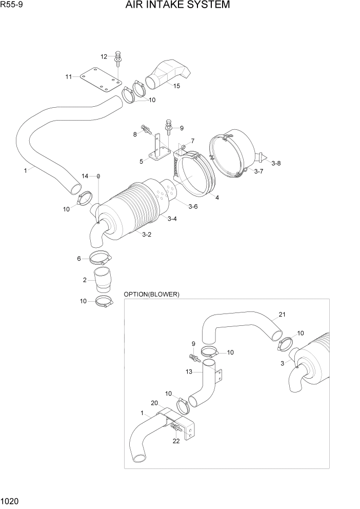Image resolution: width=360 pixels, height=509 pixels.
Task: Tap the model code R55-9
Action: click(x=12, y=5)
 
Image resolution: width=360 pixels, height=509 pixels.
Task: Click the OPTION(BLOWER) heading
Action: click(x=151, y=294)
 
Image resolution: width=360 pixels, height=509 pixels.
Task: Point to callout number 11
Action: click(x=68, y=77)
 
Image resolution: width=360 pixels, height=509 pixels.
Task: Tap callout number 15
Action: click(x=176, y=86)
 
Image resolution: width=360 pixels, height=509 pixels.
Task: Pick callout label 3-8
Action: click(x=276, y=163)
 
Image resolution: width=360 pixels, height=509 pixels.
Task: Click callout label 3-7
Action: click(x=258, y=171)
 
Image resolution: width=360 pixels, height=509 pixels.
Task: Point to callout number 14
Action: click(x=85, y=176)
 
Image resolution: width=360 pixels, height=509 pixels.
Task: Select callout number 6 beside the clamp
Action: click(x=79, y=259)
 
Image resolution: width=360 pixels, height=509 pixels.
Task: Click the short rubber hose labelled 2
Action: click(x=103, y=282)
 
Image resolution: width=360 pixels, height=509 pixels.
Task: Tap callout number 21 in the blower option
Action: click(x=282, y=315)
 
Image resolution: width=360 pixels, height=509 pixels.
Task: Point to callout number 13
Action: click(x=189, y=371)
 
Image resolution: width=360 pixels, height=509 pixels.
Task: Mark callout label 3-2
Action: click(x=146, y=234)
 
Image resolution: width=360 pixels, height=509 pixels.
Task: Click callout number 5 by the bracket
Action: click(x=141, y=161)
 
